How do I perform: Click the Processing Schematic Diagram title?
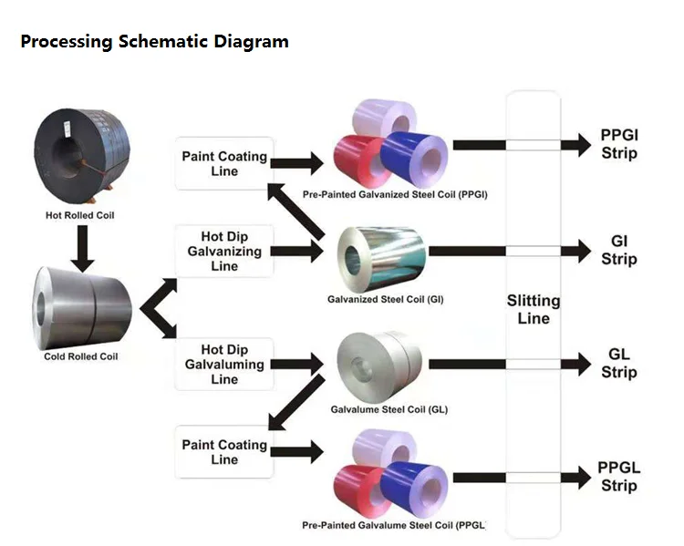pos(154,42)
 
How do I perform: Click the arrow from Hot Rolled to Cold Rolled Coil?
pos(81,247)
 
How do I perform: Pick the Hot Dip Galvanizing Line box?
pos(224,252)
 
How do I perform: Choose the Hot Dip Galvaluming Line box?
pos(224,365)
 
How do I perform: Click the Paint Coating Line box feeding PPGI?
pos(224,164)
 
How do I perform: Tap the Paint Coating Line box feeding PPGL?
pos(224,452)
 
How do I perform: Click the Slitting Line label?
pos(534,310)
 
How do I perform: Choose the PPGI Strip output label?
pos(619,144)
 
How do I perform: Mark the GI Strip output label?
pos(619,251)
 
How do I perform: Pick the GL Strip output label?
pos(619,363)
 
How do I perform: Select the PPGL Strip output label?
pos(619,476)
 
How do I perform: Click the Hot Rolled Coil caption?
pos(79,215)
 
